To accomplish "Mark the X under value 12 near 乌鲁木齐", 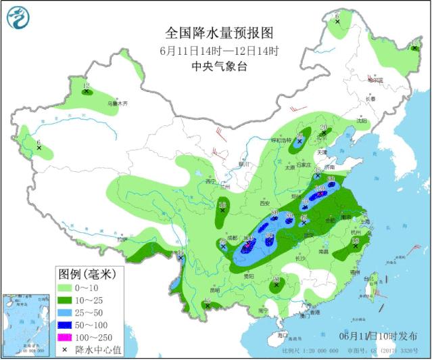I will coord(87,91).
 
